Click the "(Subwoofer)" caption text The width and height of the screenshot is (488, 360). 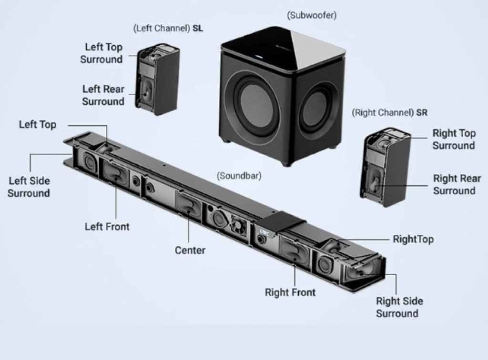pyautogui.click(x=312, y=15)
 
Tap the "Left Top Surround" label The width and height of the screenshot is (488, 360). pyautogui.click(x=102, y=53)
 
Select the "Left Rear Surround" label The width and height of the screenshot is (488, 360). pyautogui.click(x=103, y=95)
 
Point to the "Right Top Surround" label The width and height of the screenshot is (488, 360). pyautogui.click(x=454, y=139)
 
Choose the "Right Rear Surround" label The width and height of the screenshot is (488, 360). pyautogui.click(x=457, y=185)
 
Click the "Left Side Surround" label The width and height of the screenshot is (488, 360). pyautogui.click(x=29, y=187)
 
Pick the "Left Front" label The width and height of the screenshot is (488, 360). pyautogui.click(x=107, y=226)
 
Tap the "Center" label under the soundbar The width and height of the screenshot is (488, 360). pyautogui.click(x=190, y=250)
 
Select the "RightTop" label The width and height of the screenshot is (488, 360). pyautogui.click(x=413, y=239)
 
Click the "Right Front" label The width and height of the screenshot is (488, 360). pyautogui.click(x=290, y=292)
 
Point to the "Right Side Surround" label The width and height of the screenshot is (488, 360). pyautogui.click(x=399, y=307)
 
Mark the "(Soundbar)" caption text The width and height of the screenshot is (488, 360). pyautogui.click(x=239, y=175)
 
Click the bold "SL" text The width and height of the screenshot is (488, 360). pyautogui.click(x=197, y=29)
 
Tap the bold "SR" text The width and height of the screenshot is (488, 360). pyautogui.click(x=421, y=113)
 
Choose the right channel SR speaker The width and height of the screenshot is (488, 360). pyautogui.click(x=385, y=167)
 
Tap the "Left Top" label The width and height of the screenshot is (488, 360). pyautogui.click(x=38, y=125)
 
